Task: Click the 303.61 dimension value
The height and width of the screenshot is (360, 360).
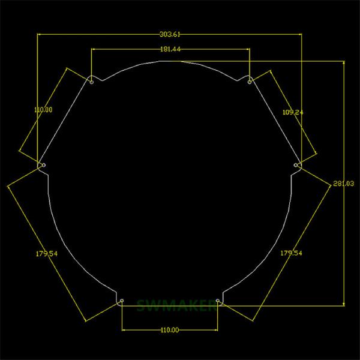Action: (x=169, y=35)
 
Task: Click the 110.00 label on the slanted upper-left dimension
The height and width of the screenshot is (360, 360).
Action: (x=43, y=110)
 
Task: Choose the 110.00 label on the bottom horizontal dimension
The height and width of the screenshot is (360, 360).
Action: (x=170, y=329)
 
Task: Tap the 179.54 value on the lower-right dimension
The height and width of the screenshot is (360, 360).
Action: (x=291, y=253)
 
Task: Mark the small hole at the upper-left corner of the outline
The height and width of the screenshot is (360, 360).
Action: (x=91, y=82)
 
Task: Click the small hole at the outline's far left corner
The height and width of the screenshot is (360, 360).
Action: (x=43, y=164)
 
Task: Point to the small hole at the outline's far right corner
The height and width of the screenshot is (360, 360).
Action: (x=296, y=164)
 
